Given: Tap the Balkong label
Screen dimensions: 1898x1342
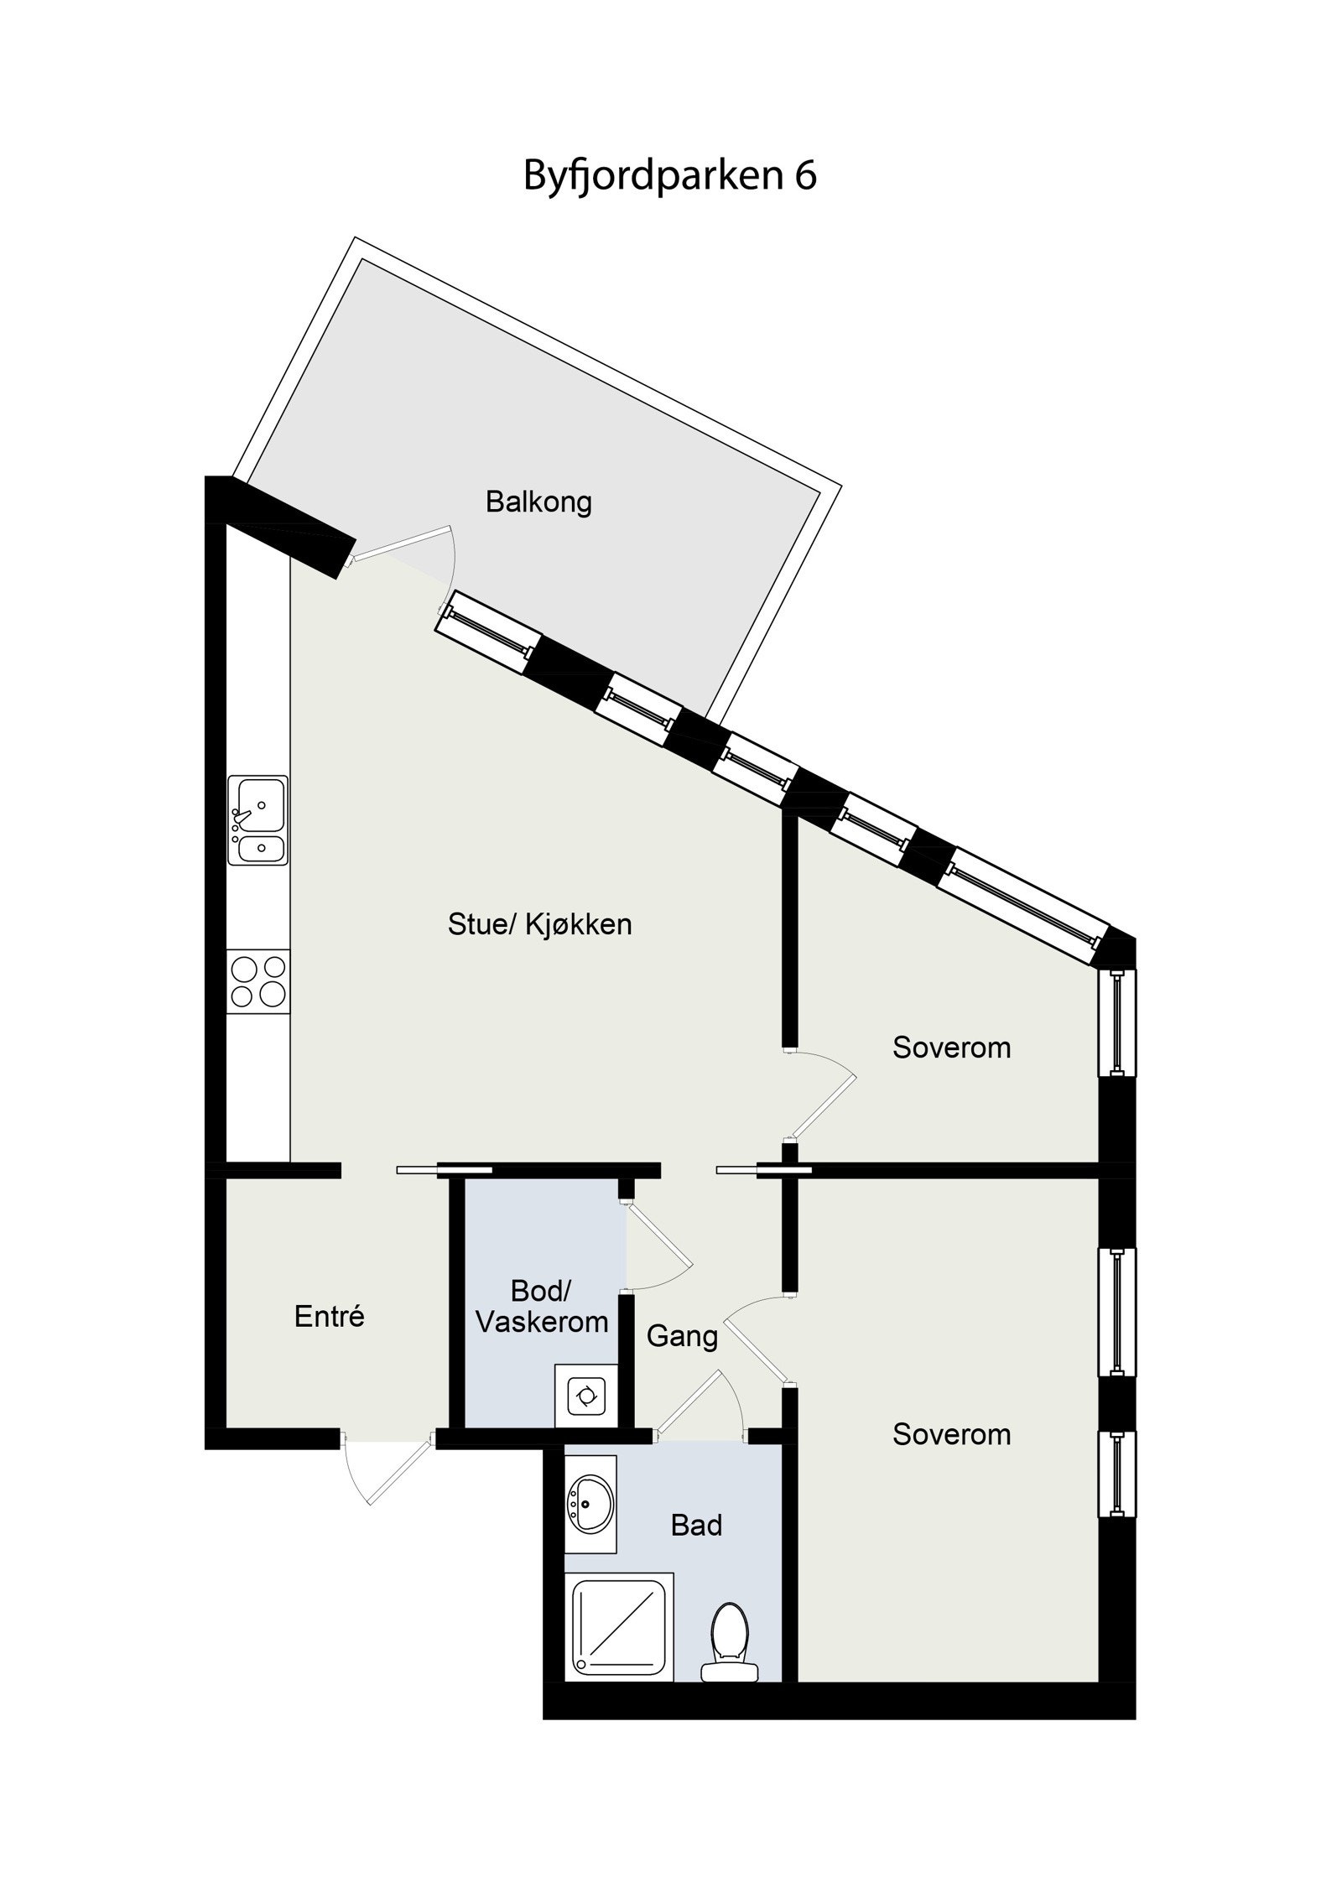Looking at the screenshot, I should (x=538, y=502).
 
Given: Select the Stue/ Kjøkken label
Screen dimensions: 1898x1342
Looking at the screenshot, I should (x=539, y=924).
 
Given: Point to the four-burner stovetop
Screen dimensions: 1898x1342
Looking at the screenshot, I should (x=258, y=982).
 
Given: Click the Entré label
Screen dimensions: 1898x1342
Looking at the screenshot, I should (x=329, y=1316).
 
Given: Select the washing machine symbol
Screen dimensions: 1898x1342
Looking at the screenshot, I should (x=584, y=1396).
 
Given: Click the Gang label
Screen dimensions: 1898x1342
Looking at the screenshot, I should (x=682, y=1335).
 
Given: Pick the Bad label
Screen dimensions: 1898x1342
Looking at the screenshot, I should (x=696, y=1525).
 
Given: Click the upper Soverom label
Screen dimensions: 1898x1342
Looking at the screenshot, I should (x=951, y=1048).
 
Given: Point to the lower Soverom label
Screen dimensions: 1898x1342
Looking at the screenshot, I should (x=951, y=1434).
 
